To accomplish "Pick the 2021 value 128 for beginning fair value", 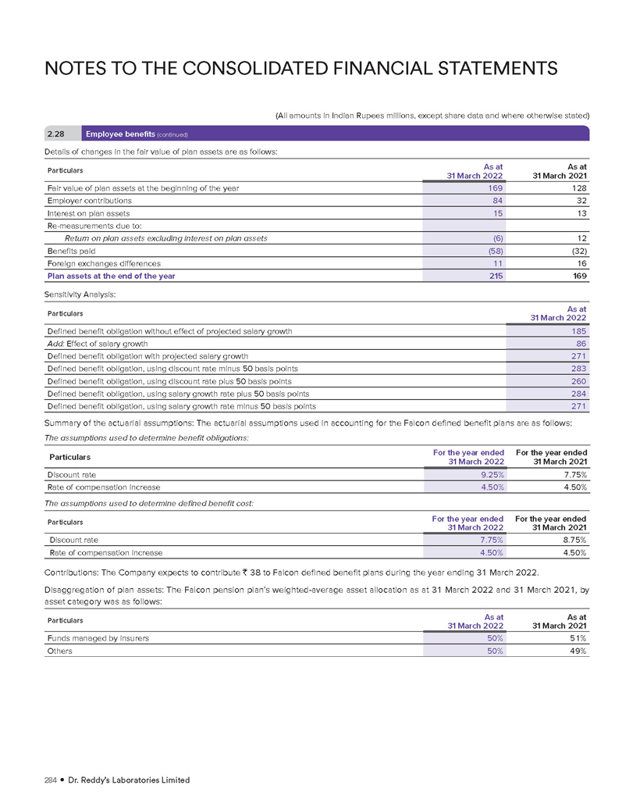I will click(x=577, y=188).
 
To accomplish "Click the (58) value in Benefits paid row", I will click(x=494, y=251).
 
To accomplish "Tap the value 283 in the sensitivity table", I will click(x=578, y=369).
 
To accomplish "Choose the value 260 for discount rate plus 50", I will click(x=578, y=381).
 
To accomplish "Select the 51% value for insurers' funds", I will click(x=577, y=638).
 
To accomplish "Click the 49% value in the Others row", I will click(x=577, y=651).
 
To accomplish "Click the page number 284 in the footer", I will click(x=54, y=780).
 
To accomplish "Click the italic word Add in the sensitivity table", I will click(x=55, y=344).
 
